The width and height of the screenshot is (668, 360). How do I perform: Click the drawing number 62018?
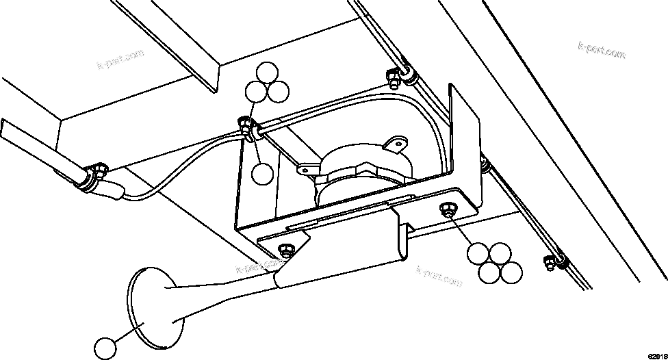click(x=656, y=355)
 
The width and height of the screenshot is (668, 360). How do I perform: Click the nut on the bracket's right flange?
click(x=449, y=209)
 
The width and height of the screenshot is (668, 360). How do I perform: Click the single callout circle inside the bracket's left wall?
click(x=262, y=172)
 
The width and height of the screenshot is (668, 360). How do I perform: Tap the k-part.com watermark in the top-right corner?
click(x=602, y=51)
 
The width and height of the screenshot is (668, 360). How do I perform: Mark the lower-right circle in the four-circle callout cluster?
click(x=511, y=272)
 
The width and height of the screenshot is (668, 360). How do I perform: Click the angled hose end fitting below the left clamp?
click(x=111, y=189)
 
